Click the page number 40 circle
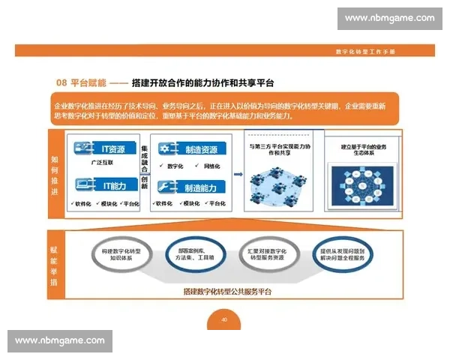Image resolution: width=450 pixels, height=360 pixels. coord(223,319)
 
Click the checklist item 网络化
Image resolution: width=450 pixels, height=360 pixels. coord(211,165)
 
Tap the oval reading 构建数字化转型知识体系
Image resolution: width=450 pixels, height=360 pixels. coord(124,254)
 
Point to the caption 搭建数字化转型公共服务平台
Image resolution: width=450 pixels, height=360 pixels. coord(226,291)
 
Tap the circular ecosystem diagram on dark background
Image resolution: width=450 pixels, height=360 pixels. coord(358,181)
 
